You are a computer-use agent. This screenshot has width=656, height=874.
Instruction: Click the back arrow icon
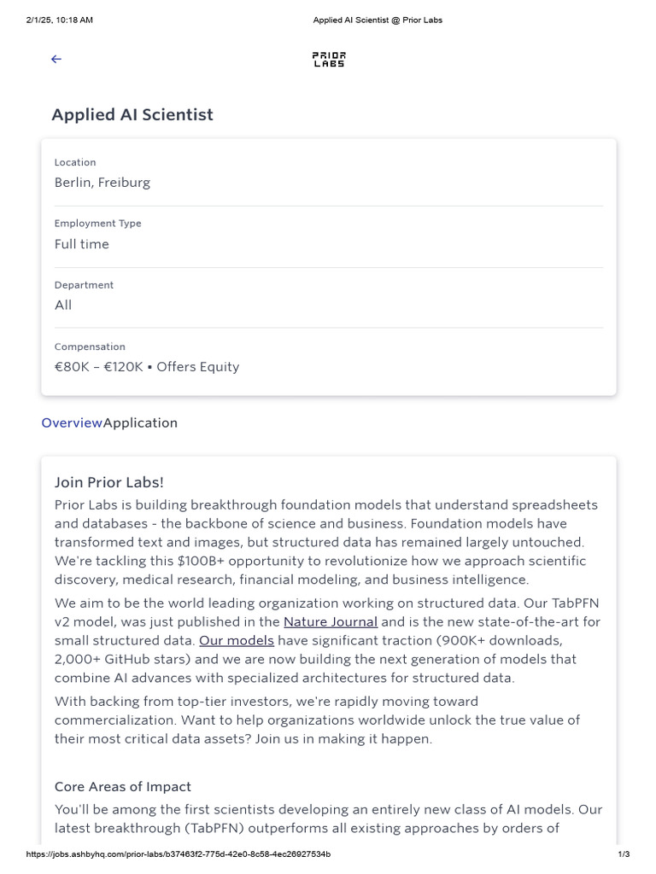(x=56, y=59)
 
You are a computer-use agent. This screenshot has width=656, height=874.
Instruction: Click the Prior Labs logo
(x=328, y=59)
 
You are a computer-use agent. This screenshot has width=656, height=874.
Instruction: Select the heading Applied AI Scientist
(x=132, y=114)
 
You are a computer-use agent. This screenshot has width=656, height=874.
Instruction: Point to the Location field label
(x=75, y=162)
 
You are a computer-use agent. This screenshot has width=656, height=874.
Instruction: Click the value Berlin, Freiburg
(x=102, y=183)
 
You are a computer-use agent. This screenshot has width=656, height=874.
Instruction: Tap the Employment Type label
(x=98, y=224)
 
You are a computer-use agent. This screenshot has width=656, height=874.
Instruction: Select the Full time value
(x=82, y=244)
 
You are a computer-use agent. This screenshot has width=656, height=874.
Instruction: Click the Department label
(x=84, y=285)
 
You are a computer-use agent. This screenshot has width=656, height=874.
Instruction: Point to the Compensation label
(x=90, y=347)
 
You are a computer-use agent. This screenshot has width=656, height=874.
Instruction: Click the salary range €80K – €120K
(x=99, y=367)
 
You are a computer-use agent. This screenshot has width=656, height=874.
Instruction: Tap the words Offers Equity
(x=198, y=367)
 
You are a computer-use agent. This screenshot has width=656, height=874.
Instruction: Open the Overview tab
(x=72, y=422)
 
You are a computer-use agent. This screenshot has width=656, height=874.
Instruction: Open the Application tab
(x=141, y=422)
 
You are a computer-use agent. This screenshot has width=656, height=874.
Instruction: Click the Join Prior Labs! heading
(x=109, y=482)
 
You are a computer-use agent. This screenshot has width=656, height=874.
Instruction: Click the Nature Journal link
(x=331, y=622)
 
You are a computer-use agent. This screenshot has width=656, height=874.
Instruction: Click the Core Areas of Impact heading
(x=123, y=787)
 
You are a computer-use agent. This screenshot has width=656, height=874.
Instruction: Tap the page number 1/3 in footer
(x=624, y=854)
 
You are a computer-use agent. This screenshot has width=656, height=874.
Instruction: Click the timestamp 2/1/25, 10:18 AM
(x=60, y=20)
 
